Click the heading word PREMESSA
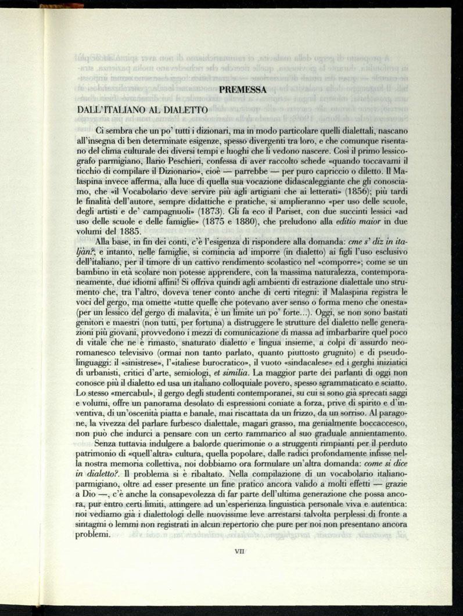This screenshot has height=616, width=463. click(x=243, y=90)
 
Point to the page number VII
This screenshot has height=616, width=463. click(x=238, y=552)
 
